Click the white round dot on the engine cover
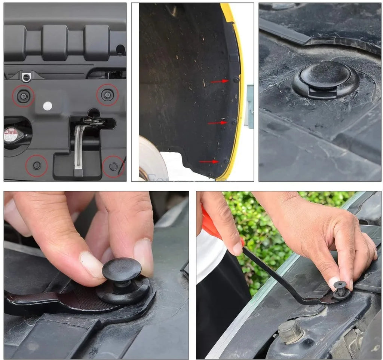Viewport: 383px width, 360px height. pyautogui.click(x=47, y=106)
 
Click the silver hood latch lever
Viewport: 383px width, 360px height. pyautogui.click(x=78, y=148)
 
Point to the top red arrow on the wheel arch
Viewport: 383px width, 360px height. pyautogui.click(x=220, y=81)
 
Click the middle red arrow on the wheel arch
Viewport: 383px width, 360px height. pyautogui.click(x=217, y=123)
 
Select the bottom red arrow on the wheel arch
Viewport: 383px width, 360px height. pyautogui.click(x=209, y=162)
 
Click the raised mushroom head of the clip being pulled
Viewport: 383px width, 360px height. pyautogui.click(x=122, y=269)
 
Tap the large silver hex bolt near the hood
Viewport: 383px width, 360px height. pyautogui.click(x=291, y=331)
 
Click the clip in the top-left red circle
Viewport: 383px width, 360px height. pyautogui.click(x=23, y=96)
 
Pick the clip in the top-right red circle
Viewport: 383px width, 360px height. pyautogui.click(x=107, y=95)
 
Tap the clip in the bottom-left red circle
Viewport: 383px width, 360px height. pyautogui.click(x=37, y=165)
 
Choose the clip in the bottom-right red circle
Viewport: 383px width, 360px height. pyautogui.click(x=113, y=166)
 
